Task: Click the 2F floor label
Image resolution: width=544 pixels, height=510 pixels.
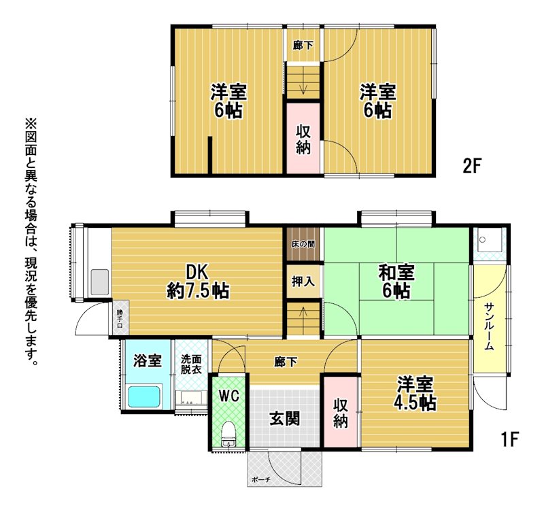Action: [x=472, y=165]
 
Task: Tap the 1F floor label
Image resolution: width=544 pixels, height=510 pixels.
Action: [x=509, y=439]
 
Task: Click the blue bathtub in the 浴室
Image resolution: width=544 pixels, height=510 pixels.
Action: [x=145, y=396]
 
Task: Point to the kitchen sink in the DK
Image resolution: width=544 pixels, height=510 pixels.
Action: [x=100, y=282]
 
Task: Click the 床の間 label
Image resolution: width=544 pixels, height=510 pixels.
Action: [x=303, y=244]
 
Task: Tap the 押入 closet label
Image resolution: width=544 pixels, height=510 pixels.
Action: [x=303, y=282]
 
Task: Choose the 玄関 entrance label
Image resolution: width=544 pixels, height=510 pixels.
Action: [x=284, y=419]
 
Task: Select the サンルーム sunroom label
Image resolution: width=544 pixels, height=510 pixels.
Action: [x=489, y=326]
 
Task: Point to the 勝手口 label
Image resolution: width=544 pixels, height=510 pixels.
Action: [x=120, y=318]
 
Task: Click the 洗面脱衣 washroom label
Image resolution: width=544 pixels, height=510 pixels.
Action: [x=191, y=364]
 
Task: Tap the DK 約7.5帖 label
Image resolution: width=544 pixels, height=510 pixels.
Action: [x=198, y=282]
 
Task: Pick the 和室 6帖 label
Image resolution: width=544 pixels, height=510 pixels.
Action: [x=396, y=282]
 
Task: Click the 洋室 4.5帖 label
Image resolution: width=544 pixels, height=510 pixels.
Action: [x=415, y=393]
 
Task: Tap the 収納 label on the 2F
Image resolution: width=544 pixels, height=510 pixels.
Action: [x=303, y=139]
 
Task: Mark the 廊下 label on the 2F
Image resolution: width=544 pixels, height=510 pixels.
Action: [x=303, y=45]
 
